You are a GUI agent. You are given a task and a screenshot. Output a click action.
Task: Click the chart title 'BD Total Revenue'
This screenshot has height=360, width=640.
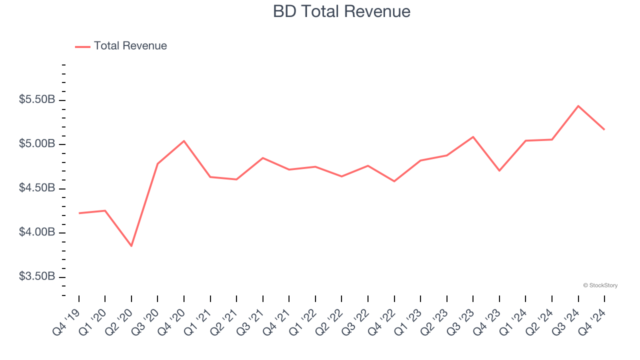click(x=341, y=11)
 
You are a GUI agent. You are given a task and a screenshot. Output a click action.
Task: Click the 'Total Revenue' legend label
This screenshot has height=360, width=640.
click(x=130, y=46)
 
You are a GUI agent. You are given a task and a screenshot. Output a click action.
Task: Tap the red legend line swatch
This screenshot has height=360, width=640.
click(x=82, y=46)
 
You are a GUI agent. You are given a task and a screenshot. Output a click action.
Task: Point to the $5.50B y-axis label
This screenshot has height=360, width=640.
click(x=37, y=100)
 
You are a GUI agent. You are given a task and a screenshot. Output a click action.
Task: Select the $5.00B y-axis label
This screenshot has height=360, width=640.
click(x=37, y=144)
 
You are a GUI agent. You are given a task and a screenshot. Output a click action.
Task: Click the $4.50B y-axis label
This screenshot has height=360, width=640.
click(x=37, y=188)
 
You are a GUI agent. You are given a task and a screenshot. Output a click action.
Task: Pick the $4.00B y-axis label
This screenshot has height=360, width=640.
click(x=37, y=232)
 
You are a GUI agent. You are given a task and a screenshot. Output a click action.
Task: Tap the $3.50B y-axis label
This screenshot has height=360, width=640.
click(x=37, y=277)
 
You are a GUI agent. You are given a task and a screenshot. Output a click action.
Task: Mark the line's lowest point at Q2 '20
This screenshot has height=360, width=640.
click(x=131, y=246)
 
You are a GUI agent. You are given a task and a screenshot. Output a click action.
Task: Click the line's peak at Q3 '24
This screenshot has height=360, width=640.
click(x=578, y=106)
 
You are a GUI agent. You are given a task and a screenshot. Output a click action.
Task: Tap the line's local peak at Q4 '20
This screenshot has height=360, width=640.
click(x=184, y=141)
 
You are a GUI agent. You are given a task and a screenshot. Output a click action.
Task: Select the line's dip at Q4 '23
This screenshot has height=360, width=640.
click(x=499, y=170)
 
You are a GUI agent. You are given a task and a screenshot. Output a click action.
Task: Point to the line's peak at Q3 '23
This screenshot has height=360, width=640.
click(x=473, y=136)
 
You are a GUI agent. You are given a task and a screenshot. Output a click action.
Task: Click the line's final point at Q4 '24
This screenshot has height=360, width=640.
click(x=604, y=129)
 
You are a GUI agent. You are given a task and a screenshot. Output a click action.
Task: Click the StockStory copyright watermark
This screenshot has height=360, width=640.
click(x=600, y=285)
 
